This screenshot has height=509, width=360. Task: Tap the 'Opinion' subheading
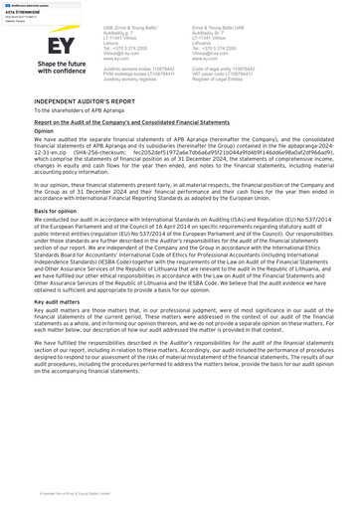44,130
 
